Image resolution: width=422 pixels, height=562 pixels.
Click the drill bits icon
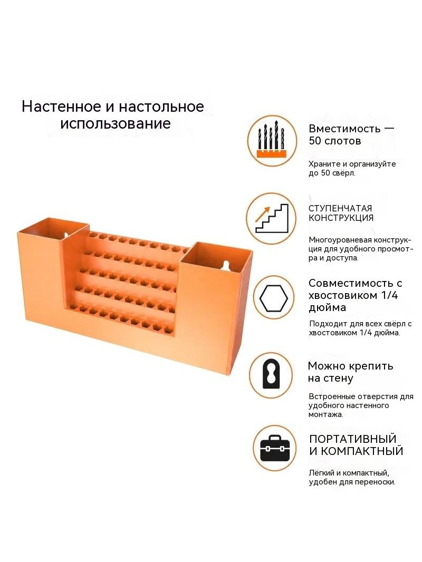pyautogui.click(x=272, y=140)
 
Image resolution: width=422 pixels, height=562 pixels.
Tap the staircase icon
pyautogui.click(x=271, y=218)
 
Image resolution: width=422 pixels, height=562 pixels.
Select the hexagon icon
pyautogui.click(x=274, y=298)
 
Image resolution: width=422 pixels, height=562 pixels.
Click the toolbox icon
pyautogui.click(x=275, y=448)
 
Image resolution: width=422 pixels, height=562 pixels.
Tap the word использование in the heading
pyautogui.click(x=116, y=123)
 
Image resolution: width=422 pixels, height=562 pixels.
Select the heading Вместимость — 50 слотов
pyautogui.click(x=351, y=134)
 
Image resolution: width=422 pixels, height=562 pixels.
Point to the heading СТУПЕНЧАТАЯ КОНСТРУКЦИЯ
pyautogui.click(x=341, y=213)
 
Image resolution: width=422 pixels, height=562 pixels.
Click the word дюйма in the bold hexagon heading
pyautogui.click(x=328, y=308)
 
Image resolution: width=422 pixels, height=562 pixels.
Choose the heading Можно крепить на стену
pyautogui.click(x=350, y=372)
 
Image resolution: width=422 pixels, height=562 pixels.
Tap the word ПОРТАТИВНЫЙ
pyautogui.click(x=353, y=439)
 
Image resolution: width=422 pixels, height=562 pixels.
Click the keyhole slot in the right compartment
pyautogui.click(x=225, y=266)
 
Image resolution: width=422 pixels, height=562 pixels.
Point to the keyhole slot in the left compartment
pyautogui.click(x=66, y=235)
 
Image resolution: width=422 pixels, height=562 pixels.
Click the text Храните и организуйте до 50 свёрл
pyautogui.click(x=352, y=169)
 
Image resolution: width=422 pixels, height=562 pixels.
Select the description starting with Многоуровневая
pyautogui.click(x=361, y=249)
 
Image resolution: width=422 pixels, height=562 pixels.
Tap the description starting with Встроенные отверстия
pyautogui.click(x=361, y=405)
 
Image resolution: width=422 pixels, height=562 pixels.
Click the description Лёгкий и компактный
pyautogui.click(x=352, y=478)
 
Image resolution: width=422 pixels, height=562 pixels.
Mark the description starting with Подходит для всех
pyautogui.click(x=360, y=328)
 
